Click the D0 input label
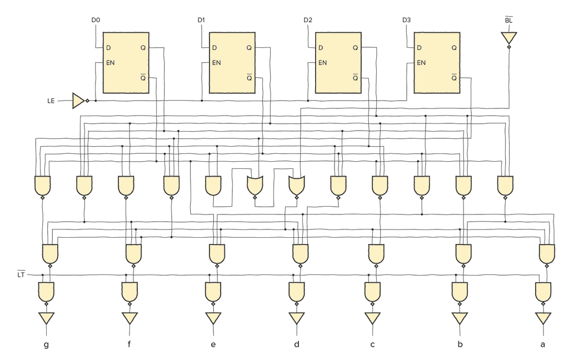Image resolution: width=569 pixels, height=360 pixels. [x=96, y=21]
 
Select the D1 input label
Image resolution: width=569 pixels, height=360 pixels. [x=201, y=21]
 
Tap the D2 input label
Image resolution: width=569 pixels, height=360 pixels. [x=308, y=21]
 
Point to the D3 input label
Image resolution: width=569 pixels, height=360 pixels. [x=407, y=21]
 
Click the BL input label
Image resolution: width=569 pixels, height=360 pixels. [x=508, y=21]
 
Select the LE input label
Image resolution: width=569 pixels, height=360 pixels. [x=51, y=101]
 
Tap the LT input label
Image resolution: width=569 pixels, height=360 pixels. [x=22, y=274]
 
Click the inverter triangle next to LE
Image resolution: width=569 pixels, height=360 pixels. [x=78, y=101]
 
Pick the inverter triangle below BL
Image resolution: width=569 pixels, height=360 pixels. [x=508, y=38]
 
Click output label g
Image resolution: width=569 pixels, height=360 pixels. [x=46, y=345]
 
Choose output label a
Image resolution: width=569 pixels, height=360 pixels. [x=543, y=345]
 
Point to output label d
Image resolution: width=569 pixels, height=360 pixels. [x=297, y=345]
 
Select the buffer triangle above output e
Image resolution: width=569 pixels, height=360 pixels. [x=213, y=318]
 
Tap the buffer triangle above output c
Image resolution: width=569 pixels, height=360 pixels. [x=372, y=318]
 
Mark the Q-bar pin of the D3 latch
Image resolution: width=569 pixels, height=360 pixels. [x=454, y=78]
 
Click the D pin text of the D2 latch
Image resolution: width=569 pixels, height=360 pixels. [x=321, y=48]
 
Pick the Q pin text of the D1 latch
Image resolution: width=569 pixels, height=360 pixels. [x=249, y=48]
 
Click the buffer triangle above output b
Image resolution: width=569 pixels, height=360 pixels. [x=460, y=318]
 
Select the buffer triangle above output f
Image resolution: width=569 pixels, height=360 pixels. [x=129, y=318]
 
